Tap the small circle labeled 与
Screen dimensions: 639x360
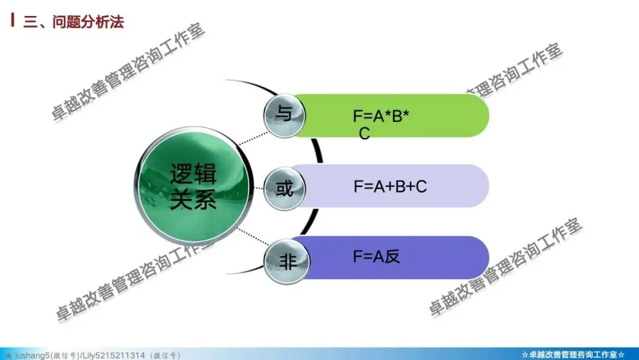(x=285, y=113)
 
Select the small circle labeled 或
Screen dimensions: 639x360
(x=285, y=189)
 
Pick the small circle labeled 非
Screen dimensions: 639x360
(x=287, y=262)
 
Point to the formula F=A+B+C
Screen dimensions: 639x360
(x=390, y=187)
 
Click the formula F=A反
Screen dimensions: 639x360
(x=377, y=256)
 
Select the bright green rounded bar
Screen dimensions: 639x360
(x=450, y=115)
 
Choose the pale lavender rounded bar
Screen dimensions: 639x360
(x=456, y=187)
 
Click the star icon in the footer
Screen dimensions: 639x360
(x=9, y=355)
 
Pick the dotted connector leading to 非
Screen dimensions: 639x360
(x=252, y=240)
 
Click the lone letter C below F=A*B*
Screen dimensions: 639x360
(x=364, y=134)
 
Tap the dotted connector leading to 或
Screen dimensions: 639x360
(x=258, y=189)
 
